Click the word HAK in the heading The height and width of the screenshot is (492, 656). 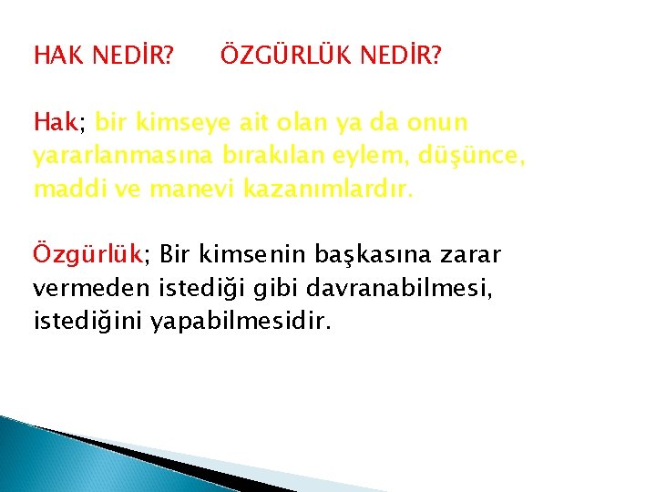click(56, 57)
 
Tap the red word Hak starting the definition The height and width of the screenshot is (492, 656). click(56, 122)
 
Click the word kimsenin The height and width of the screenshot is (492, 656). click(240, 252)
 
